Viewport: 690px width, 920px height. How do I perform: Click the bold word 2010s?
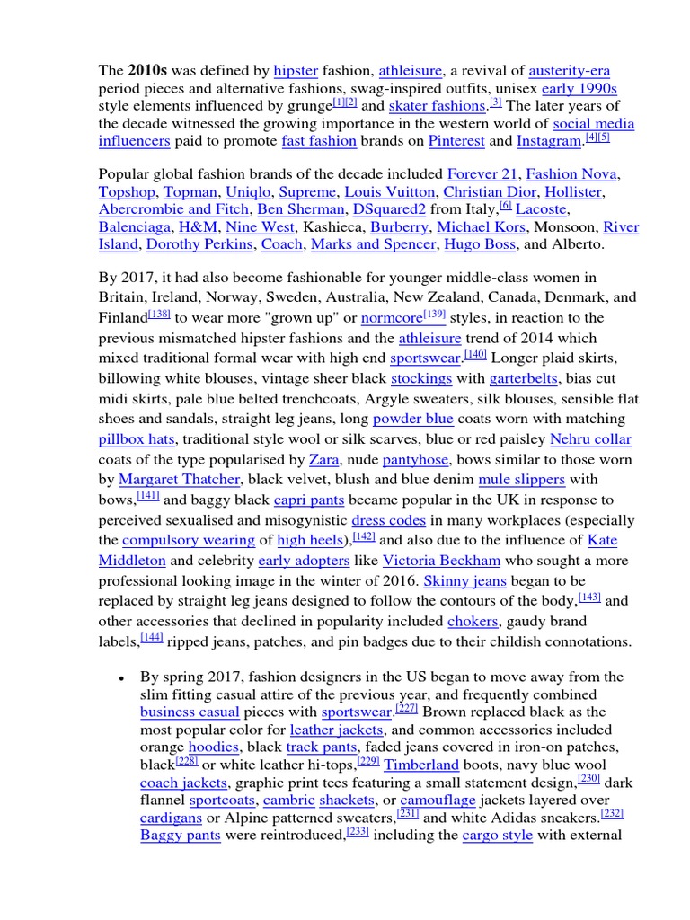pos(146,70)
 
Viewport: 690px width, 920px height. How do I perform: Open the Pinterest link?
pos(456,141)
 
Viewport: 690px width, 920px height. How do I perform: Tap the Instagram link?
pos(549,141)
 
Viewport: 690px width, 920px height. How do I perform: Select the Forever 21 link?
pos(482,173)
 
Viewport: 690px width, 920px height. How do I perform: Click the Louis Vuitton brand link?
pos(389,191)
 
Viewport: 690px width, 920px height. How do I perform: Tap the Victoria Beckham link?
pos(441,561)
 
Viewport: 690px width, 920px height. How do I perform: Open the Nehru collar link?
pos(590,439)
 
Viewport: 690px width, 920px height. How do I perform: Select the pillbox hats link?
pos(137,439)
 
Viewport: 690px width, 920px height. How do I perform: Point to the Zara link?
pos(323,460)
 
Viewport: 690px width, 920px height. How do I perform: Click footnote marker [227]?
pos(407,708)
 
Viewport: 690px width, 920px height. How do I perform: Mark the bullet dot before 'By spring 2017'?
pos(119,678)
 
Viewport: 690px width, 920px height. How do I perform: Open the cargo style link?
pos(497,836)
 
